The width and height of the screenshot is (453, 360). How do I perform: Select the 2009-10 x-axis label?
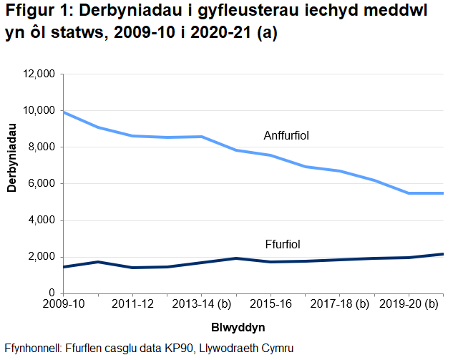click(64, 304)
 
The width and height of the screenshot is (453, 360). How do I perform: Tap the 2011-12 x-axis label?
click(133, 304)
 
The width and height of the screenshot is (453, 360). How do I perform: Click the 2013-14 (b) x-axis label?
click(202, 304)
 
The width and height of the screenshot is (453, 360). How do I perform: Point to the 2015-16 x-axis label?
click(271, 304)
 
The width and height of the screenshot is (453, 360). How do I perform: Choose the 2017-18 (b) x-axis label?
click(339, 304)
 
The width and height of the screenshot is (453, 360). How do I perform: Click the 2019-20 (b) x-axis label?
click(408, 304)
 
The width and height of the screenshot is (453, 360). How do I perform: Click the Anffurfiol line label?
click(286, 135)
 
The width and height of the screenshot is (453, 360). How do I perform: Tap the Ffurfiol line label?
click(283, 244)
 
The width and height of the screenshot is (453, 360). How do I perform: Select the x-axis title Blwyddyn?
click(239, 327)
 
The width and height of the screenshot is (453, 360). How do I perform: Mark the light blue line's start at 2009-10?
click(64, 112)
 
